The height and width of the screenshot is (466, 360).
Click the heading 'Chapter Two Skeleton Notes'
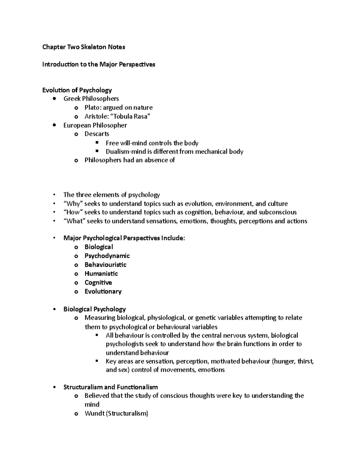click(84, 47)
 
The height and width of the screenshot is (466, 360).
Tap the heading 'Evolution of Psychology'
click(77, 90)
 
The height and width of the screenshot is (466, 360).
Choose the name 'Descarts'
click(97, 134)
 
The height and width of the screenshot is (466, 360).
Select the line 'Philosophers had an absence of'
click(130, 160)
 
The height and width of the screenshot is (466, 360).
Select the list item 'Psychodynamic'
click(107, 256)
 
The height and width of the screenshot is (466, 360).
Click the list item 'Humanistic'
click(101, 274)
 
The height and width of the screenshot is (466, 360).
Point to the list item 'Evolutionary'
click(103, 291)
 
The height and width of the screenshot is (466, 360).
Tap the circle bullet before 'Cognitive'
click(76, 283)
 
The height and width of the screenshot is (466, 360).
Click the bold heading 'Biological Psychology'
click(94, 309)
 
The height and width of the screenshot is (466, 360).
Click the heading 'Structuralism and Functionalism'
click(110, 387)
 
